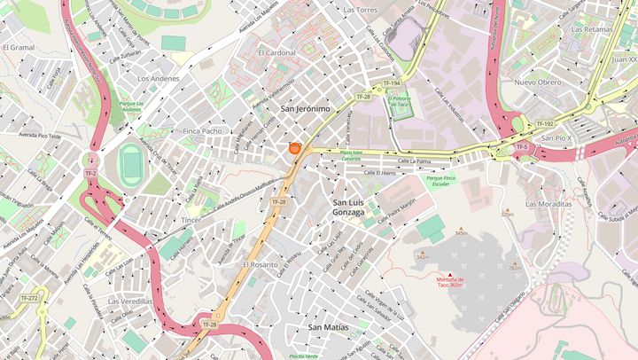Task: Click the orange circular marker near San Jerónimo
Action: coord(295,149)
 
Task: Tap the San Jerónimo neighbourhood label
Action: coord(305,108)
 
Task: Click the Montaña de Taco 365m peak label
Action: coord(450,282)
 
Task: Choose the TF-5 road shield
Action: coord(522,146)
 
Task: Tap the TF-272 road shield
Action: coord(30,299)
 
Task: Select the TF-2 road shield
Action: coord(90,173)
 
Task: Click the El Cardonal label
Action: coord(276,52)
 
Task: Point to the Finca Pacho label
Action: coord(202,130)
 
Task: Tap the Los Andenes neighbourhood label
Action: coord(159,78)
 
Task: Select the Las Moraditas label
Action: coord(549,203)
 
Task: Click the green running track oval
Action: coord(131,165)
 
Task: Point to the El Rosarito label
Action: coord(261,264)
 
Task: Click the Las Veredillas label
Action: coord(130,301)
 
